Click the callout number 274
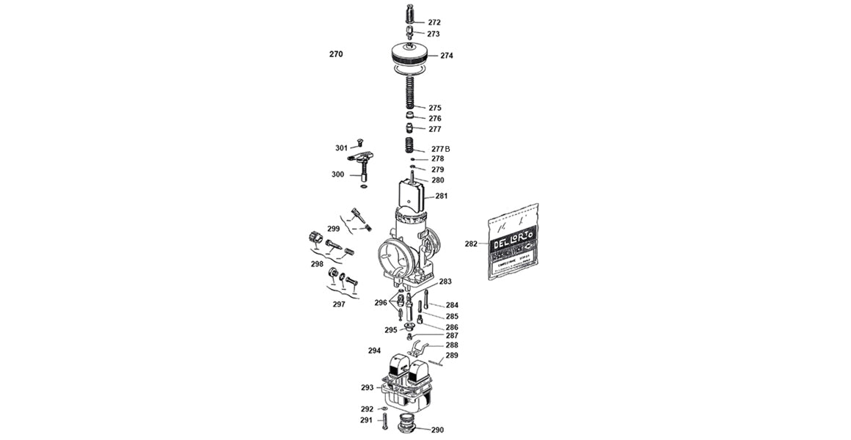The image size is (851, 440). pyautogui.click(x=446, y=56)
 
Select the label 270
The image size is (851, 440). pyautogui.click(x=336, y=54)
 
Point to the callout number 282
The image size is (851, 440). pyautogui.click(x=471, y=243)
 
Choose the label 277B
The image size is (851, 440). pyautogui.click(x=440, y=149)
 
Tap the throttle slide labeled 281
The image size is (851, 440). pyautogui.click(x=411, y=195)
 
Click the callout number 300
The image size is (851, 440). pyautogui.click(x=337, y=175)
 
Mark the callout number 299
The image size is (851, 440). pyautogui.click(x=333, y=229)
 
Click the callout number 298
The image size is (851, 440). pyautogui.click(x=317, y=263)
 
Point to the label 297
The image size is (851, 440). pyautogui.click(x=338, y=304)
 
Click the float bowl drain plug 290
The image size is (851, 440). pyautogui.click(x=408, y=425)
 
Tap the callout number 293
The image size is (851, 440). pyautogui.click(x=367, y=387)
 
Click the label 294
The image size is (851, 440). pyautogui.click(x=374, y=351)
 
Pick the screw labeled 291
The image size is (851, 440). pyautogui.click(x=384, y=421)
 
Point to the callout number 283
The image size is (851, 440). pyautogui.click(x=445, y=282)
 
